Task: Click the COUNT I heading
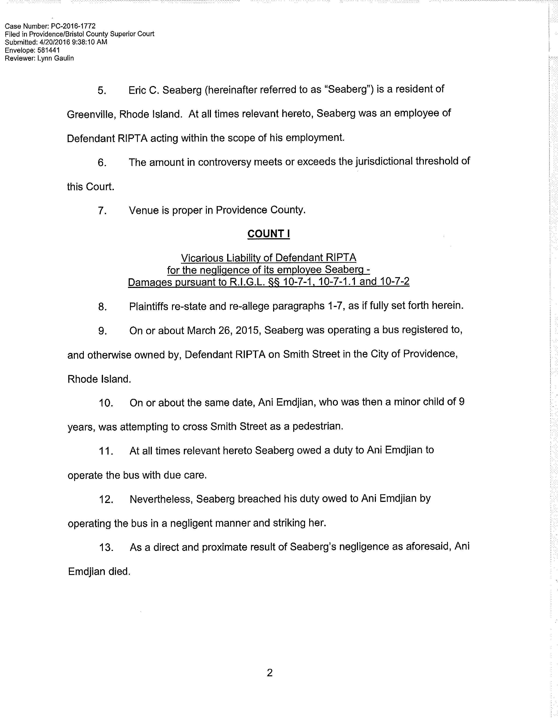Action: tap(268, 234)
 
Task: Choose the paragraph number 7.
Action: tap(102, 210)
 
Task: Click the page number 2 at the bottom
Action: tap(269, 673)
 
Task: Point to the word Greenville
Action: tap(91, 114)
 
